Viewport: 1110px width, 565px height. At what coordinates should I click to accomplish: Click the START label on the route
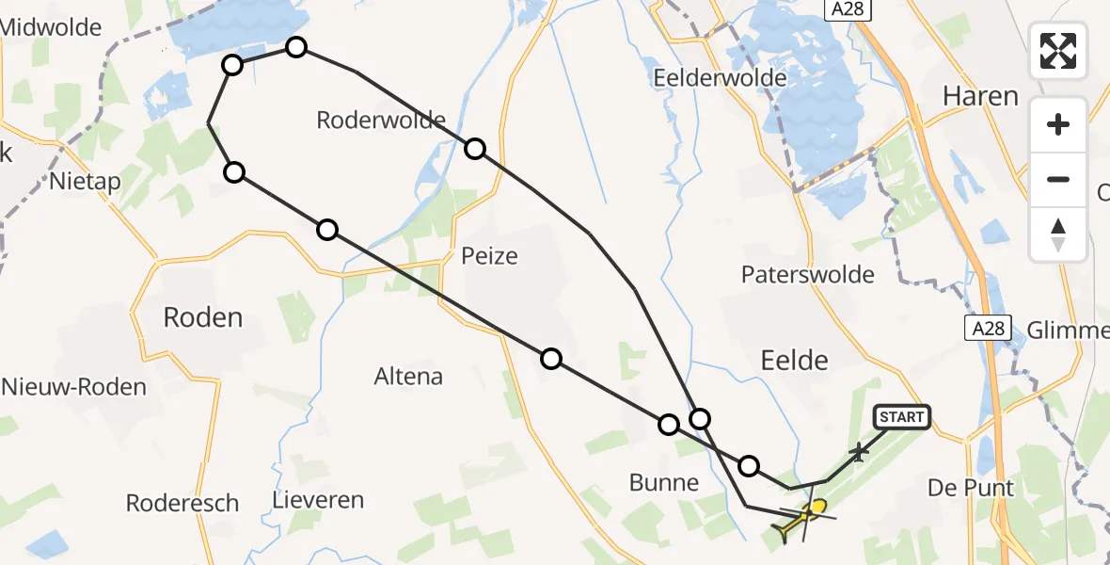click(903, 416)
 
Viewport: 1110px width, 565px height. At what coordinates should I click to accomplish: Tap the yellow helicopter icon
click(802, 517)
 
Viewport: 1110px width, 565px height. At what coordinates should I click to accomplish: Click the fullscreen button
click(1058, 50)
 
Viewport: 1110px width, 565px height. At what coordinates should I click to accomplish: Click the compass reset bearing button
click(1058, 234)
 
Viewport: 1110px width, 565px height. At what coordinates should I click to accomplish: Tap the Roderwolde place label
click(381, 121)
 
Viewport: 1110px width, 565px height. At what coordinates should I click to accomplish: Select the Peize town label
click(489, 256)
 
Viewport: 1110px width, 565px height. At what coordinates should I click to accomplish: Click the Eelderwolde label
click(720, 77)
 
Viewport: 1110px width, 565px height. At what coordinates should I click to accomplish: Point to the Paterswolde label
click(807, 275)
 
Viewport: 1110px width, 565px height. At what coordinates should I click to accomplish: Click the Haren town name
click(980, 96)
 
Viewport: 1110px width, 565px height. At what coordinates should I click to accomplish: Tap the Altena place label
click(408, 377)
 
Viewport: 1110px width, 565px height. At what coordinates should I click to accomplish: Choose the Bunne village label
click(665, 484)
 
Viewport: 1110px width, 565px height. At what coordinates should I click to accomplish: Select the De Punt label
click(971, 488)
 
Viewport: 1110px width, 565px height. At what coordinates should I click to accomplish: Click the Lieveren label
click(318, 499)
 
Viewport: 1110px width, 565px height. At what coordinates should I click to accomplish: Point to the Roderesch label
click(182, 503)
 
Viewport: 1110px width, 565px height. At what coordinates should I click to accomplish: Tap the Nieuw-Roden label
click(74, 386)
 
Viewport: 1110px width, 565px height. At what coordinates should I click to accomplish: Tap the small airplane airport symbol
click(858, 453)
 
